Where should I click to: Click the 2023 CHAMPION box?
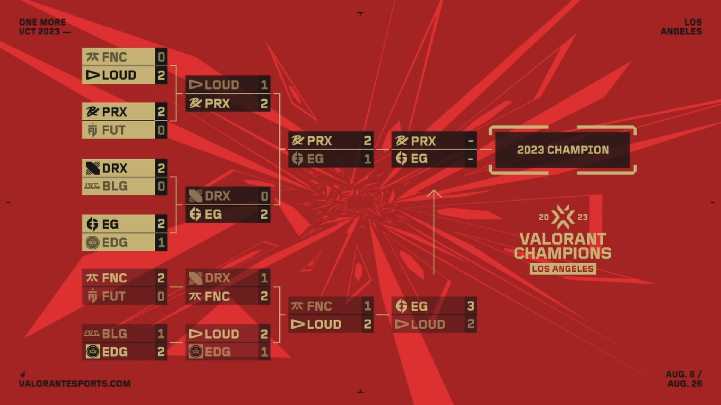coord(563,150)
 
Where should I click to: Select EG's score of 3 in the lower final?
coord(471,306)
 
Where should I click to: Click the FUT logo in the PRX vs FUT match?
coord(92,130)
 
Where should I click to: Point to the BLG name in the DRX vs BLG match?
coord(115,186)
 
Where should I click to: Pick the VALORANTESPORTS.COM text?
coord(75,384)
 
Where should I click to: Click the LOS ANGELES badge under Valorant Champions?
coord(563,268)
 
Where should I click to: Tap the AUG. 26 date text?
coord(685,384)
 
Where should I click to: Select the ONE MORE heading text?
coord(42,22)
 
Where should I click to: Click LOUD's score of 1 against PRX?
coord(264,85)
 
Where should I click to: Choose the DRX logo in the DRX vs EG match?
coord(195,196)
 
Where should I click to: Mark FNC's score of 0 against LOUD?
coord(161,57)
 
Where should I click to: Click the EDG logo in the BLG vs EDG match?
coord(92,352)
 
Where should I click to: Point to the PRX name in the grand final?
coord(423,141)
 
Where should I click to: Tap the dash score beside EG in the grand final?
coord(471,159)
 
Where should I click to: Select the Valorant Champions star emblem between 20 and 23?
coord(563,217)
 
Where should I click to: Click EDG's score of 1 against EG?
coord(161,243)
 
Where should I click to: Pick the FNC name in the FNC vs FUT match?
coord(114,278)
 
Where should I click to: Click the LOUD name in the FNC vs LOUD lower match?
coord(324,324)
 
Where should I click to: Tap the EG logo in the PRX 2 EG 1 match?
coord(297,159)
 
